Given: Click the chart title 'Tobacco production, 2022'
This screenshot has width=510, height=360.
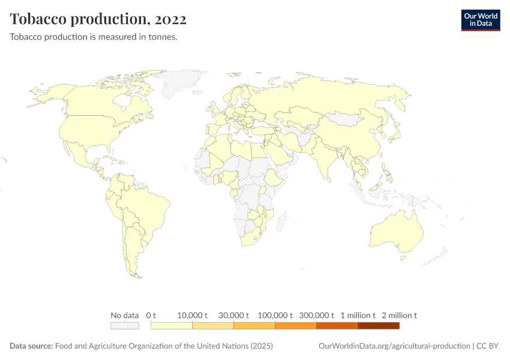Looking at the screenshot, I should coord(98,19).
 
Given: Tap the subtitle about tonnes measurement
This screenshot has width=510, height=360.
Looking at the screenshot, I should coord(93,37).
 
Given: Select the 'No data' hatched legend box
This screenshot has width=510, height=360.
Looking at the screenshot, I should coord(124,326).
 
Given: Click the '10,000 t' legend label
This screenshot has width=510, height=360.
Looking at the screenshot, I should coord(193,315).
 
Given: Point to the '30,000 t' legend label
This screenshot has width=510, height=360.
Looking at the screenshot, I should coord(234,315).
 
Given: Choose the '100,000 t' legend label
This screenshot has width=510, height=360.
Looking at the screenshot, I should coord(275,315).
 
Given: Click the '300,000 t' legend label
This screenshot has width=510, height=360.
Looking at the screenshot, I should coord(316,315).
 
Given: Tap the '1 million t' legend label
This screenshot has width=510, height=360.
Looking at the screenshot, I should coord(358,315).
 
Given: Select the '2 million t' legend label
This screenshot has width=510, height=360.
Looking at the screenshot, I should coord(399,315).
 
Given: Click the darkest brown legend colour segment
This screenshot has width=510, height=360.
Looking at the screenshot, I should coord(379,326).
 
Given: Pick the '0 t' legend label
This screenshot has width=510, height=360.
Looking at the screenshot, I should coord(151,315).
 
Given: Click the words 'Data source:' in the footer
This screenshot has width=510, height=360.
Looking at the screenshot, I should coord(31,346).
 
